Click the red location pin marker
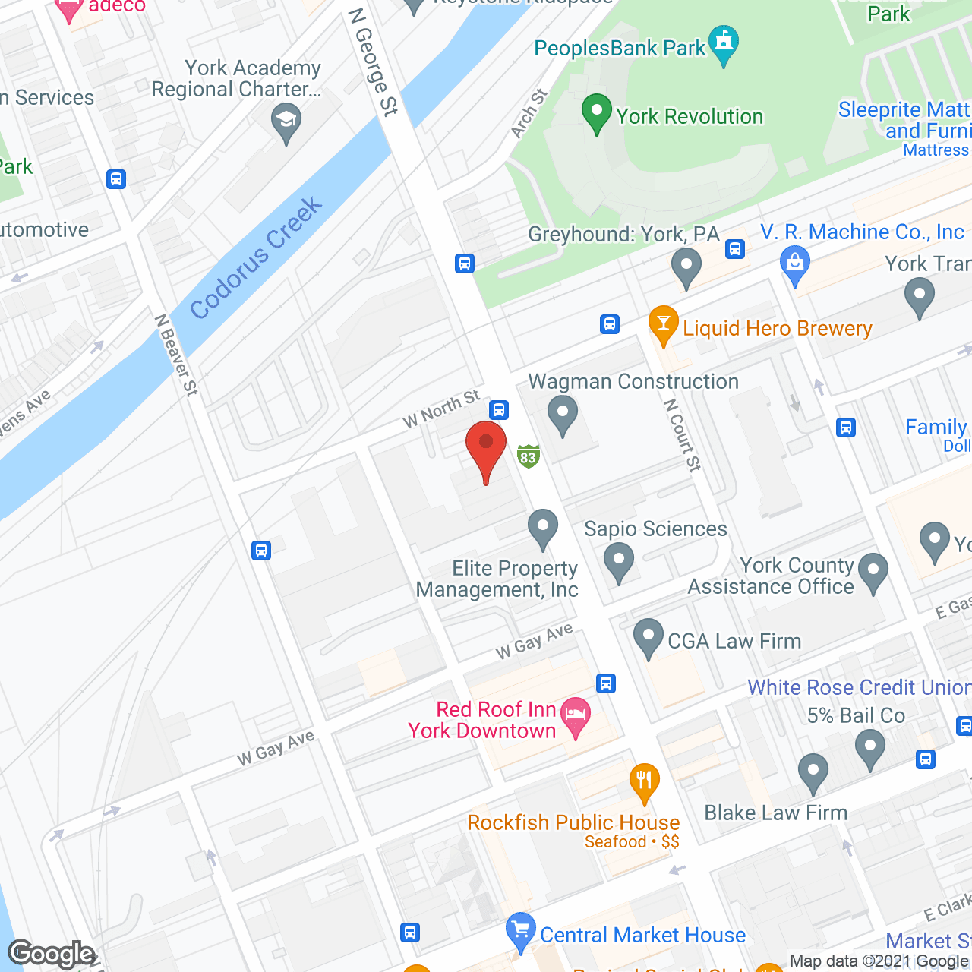[x=486, y=448]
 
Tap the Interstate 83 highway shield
[x=529, y=456]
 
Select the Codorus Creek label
[x=256, y=258]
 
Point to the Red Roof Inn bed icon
[x=576, y=716]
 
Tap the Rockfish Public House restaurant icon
[x=644, y=782]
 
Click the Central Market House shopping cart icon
[x=520, y=931]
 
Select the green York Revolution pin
[x=597, y=113]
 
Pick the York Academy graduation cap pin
[x=286, y=122]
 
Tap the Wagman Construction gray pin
[x=563, y=415]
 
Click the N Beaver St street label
[x=176, y=355]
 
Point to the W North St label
[x=441, y=409]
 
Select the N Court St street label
[x=682, y=435]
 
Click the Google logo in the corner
[x=52, y=954]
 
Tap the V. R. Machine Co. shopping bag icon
[x=794, y=264]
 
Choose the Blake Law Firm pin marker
[x=813, y=772]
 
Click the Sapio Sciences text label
[x=655, y=529]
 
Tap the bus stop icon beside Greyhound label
[x=734, y=249]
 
